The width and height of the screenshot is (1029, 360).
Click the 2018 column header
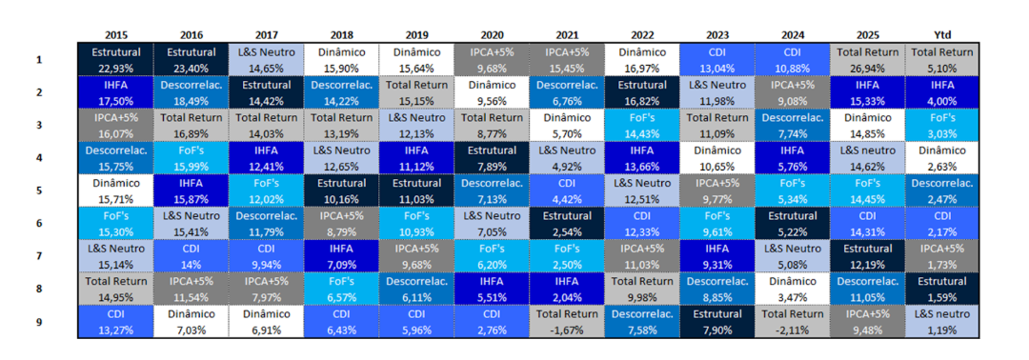342,34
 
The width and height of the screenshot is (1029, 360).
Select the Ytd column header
941,34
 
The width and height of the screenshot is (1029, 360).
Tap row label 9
39,322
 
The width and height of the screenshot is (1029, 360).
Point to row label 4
39,158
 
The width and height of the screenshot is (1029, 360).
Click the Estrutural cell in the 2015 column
115,60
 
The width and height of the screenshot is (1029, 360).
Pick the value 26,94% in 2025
867,68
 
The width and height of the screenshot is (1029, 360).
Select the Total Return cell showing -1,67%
567,322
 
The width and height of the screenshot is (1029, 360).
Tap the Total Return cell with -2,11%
792,322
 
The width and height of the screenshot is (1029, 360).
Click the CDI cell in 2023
717,60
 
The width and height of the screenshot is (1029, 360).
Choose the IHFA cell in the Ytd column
941,92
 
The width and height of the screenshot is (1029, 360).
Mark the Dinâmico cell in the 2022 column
642,60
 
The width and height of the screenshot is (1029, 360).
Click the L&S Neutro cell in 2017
267,60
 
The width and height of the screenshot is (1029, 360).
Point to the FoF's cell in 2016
192,158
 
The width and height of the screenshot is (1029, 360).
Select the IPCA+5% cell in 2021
567,60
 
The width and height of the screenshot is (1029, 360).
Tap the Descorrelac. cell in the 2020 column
493,190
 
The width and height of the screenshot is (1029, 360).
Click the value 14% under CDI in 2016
192,264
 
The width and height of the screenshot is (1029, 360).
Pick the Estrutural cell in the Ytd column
941,290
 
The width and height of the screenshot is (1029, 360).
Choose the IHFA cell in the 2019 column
416,158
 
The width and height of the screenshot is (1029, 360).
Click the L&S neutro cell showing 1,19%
941,322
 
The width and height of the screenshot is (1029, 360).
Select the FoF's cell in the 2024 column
792,190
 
